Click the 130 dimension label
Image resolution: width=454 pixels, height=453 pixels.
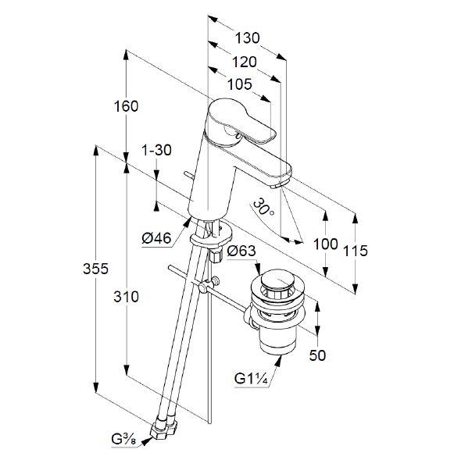pos(247,38)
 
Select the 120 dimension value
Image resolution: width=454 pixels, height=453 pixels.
pos(245,62)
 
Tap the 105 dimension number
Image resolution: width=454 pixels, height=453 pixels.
pos(239,84)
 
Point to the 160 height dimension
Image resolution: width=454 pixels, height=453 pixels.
pos(126,106)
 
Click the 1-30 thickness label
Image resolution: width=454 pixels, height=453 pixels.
pos(156,150)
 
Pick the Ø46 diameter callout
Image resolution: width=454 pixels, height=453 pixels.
pos(156,238)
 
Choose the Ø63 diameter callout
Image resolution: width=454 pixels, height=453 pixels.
pos(241,251)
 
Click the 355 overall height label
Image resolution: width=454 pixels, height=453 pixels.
pos(95,269)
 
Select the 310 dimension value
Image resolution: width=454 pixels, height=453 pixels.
pos(126,297)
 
